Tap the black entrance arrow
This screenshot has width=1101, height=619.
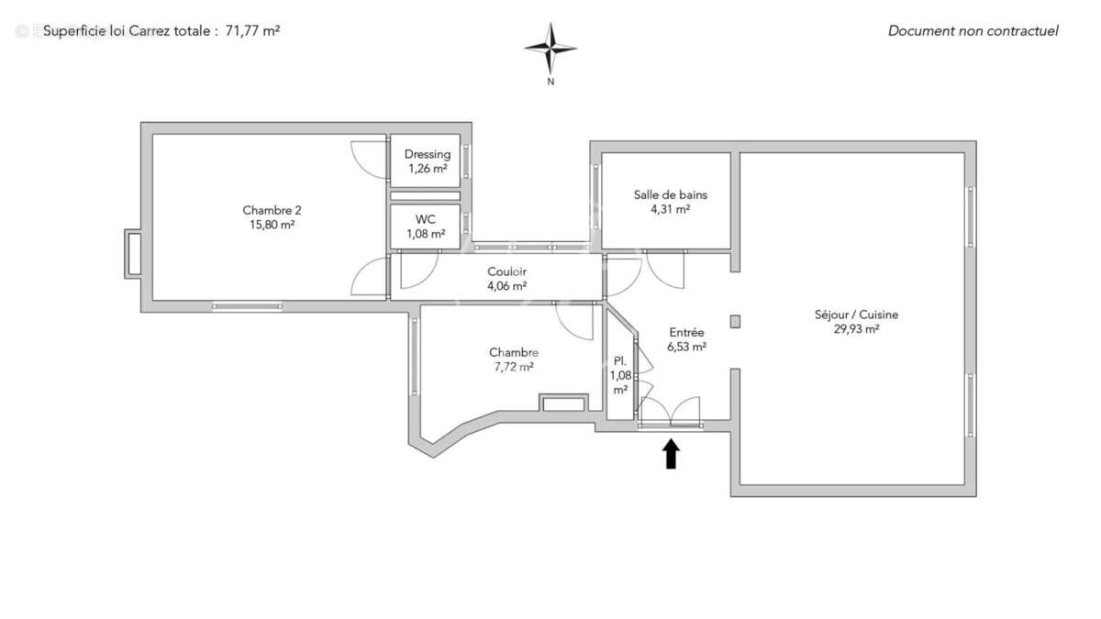(671, 454)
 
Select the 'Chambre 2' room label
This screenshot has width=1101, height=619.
(272, 209)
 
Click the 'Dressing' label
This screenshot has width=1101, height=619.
(427, 154)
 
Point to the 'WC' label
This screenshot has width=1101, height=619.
(426, 219)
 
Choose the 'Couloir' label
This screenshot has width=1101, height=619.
(506, 271)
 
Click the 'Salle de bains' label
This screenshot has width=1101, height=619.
(670, 194)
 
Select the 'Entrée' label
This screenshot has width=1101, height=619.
(686, 332)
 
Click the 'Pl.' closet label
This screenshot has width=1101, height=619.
(620, 360)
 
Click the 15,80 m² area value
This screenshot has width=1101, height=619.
(272, 224)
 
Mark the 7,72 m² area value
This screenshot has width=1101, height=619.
(513, 367)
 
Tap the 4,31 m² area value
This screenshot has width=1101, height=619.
(670, 209)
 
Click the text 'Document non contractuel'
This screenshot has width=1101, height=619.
(973, 31)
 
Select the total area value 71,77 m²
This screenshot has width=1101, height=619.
(252, 30)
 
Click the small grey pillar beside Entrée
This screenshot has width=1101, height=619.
(735, 321)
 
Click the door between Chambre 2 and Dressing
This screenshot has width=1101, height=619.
(370, 158)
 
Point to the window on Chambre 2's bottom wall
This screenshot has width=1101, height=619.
(247, 306)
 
